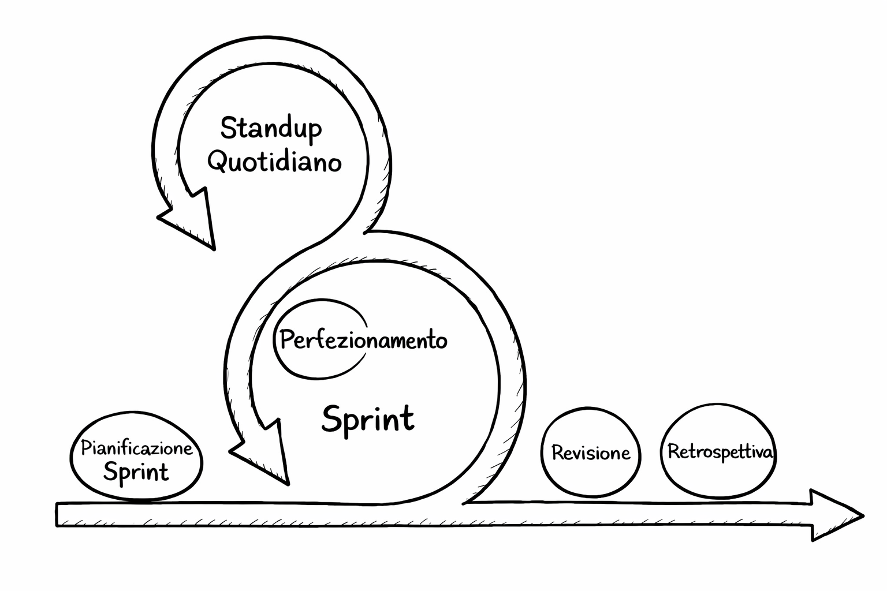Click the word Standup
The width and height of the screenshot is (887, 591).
(271, 128)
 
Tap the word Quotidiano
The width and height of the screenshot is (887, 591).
(274, 162)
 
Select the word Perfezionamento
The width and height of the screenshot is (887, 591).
(363, 340)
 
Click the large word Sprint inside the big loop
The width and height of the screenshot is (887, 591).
(368, 418)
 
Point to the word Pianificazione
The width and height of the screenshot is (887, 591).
(136, 448)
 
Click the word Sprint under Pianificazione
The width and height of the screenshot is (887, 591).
(136, 472)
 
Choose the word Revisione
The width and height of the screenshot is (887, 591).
(591, 452)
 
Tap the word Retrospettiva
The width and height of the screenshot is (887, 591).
(720, 452)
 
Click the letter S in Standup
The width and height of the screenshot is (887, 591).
(229, 128)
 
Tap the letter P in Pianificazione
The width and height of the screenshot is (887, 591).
(85, 448)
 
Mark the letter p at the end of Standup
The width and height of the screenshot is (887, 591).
(314, 130)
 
